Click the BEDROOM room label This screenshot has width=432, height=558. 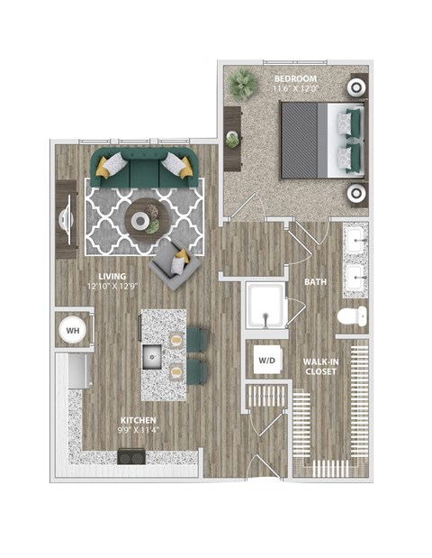[295, 78]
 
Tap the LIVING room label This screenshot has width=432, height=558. [112, 276]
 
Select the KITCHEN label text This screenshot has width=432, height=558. [139, 420]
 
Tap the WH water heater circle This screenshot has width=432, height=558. [72, 331]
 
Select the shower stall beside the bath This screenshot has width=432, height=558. [265, 306]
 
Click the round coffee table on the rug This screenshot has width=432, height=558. [143, 218]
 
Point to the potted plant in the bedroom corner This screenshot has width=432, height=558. [242, 86]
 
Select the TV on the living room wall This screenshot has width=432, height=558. [66, 221]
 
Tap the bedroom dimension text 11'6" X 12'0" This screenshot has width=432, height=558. [295, 88]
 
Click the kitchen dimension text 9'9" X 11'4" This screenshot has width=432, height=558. [139, 430]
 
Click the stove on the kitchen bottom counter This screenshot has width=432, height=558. [130, 456]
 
